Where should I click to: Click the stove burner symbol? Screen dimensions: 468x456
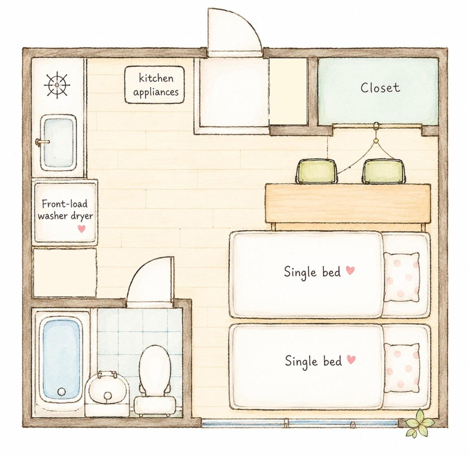pos(57,85)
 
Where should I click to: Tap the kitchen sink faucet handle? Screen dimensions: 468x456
pos(42,142)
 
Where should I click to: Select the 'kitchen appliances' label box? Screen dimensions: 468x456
pos(155,85)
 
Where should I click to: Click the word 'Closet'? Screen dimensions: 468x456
pos(380,88)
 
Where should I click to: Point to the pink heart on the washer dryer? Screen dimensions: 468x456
pos(82,228)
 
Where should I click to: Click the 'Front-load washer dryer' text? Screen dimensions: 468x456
pos(65,210)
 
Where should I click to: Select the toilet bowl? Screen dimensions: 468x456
pos(155,366)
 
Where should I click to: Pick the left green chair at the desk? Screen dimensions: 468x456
pos(316,171)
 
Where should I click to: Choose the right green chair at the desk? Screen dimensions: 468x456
pos(383,171)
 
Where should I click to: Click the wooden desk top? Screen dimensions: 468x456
pos(348,204)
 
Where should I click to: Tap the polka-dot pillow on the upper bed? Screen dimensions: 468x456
pos(401,277)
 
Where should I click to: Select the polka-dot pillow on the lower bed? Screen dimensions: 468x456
pos(401,368)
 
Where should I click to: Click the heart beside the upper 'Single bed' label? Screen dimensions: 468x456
pos(350,270)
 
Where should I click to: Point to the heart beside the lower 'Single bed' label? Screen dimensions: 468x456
pos(351,360)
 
